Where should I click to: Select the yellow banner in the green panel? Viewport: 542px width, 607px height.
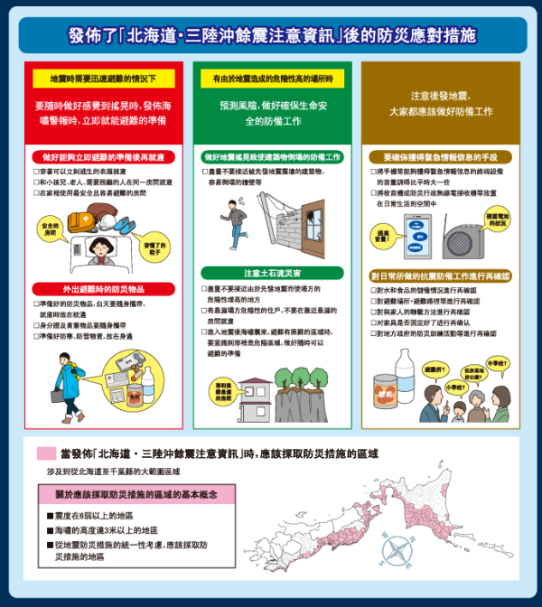coord(272,79)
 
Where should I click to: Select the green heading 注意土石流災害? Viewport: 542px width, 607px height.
coord(272,271)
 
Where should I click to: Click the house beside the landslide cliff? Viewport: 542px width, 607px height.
coord(258,392)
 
